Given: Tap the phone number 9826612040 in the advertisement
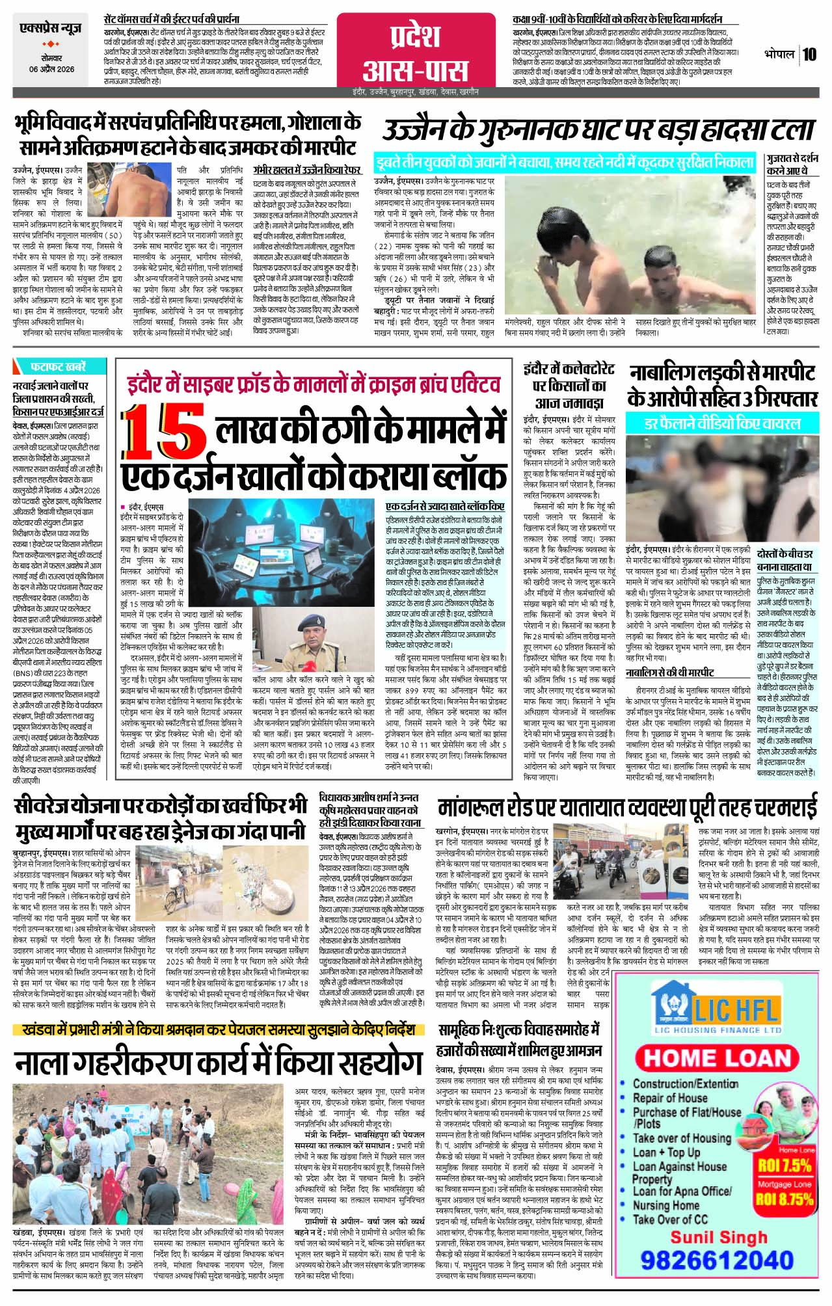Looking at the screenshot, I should click(717, 1260).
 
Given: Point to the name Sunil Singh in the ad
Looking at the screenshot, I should click(719, 1236).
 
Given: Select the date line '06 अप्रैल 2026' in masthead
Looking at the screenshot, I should click(51, 69).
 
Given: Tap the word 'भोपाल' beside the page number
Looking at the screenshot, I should click(779, 55).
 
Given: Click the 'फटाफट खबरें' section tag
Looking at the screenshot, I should click(59, 367).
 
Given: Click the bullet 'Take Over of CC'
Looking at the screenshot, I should click(669, 1219).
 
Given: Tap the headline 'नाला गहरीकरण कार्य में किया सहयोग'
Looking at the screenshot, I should click(219, 1063).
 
